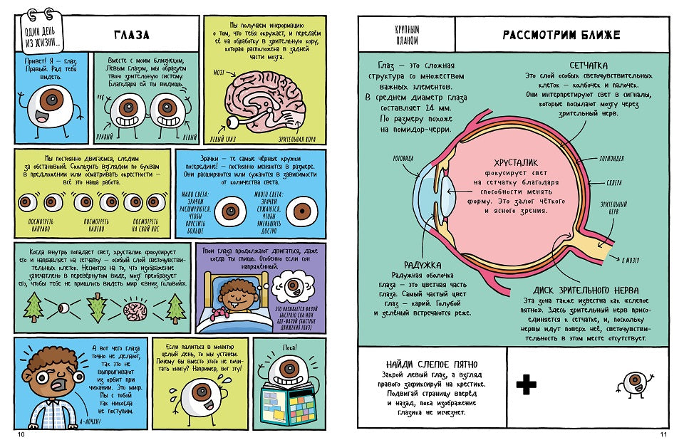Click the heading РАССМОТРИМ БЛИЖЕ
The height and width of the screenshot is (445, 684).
click(x=561, y=34)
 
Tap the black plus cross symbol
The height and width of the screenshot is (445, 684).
click(x=527, y=384)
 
